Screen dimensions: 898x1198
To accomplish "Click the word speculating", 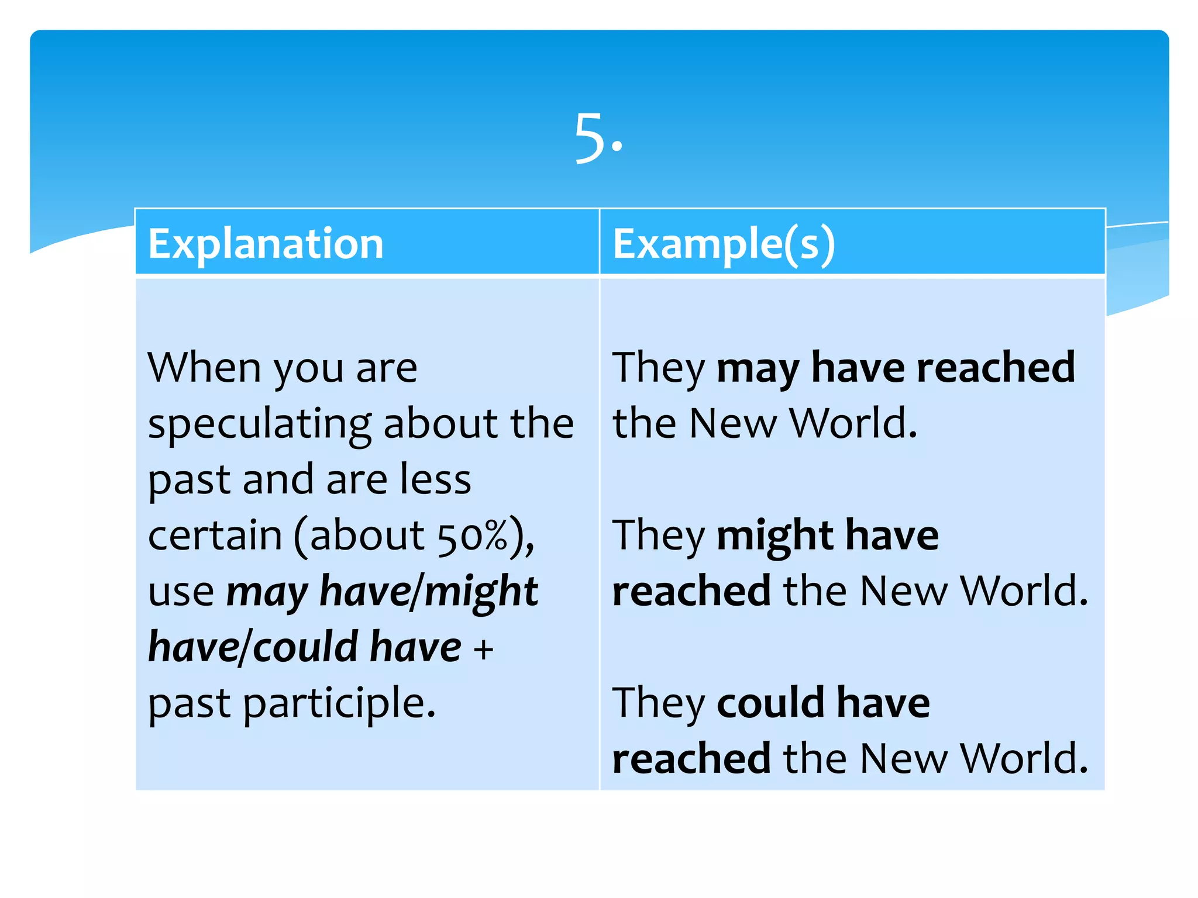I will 259,423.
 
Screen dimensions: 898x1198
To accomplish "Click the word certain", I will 215,536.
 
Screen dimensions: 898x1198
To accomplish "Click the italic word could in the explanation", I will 306,647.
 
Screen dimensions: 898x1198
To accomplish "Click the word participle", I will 339,703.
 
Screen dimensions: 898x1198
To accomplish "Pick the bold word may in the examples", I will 758,368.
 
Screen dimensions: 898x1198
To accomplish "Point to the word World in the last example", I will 1024,758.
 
